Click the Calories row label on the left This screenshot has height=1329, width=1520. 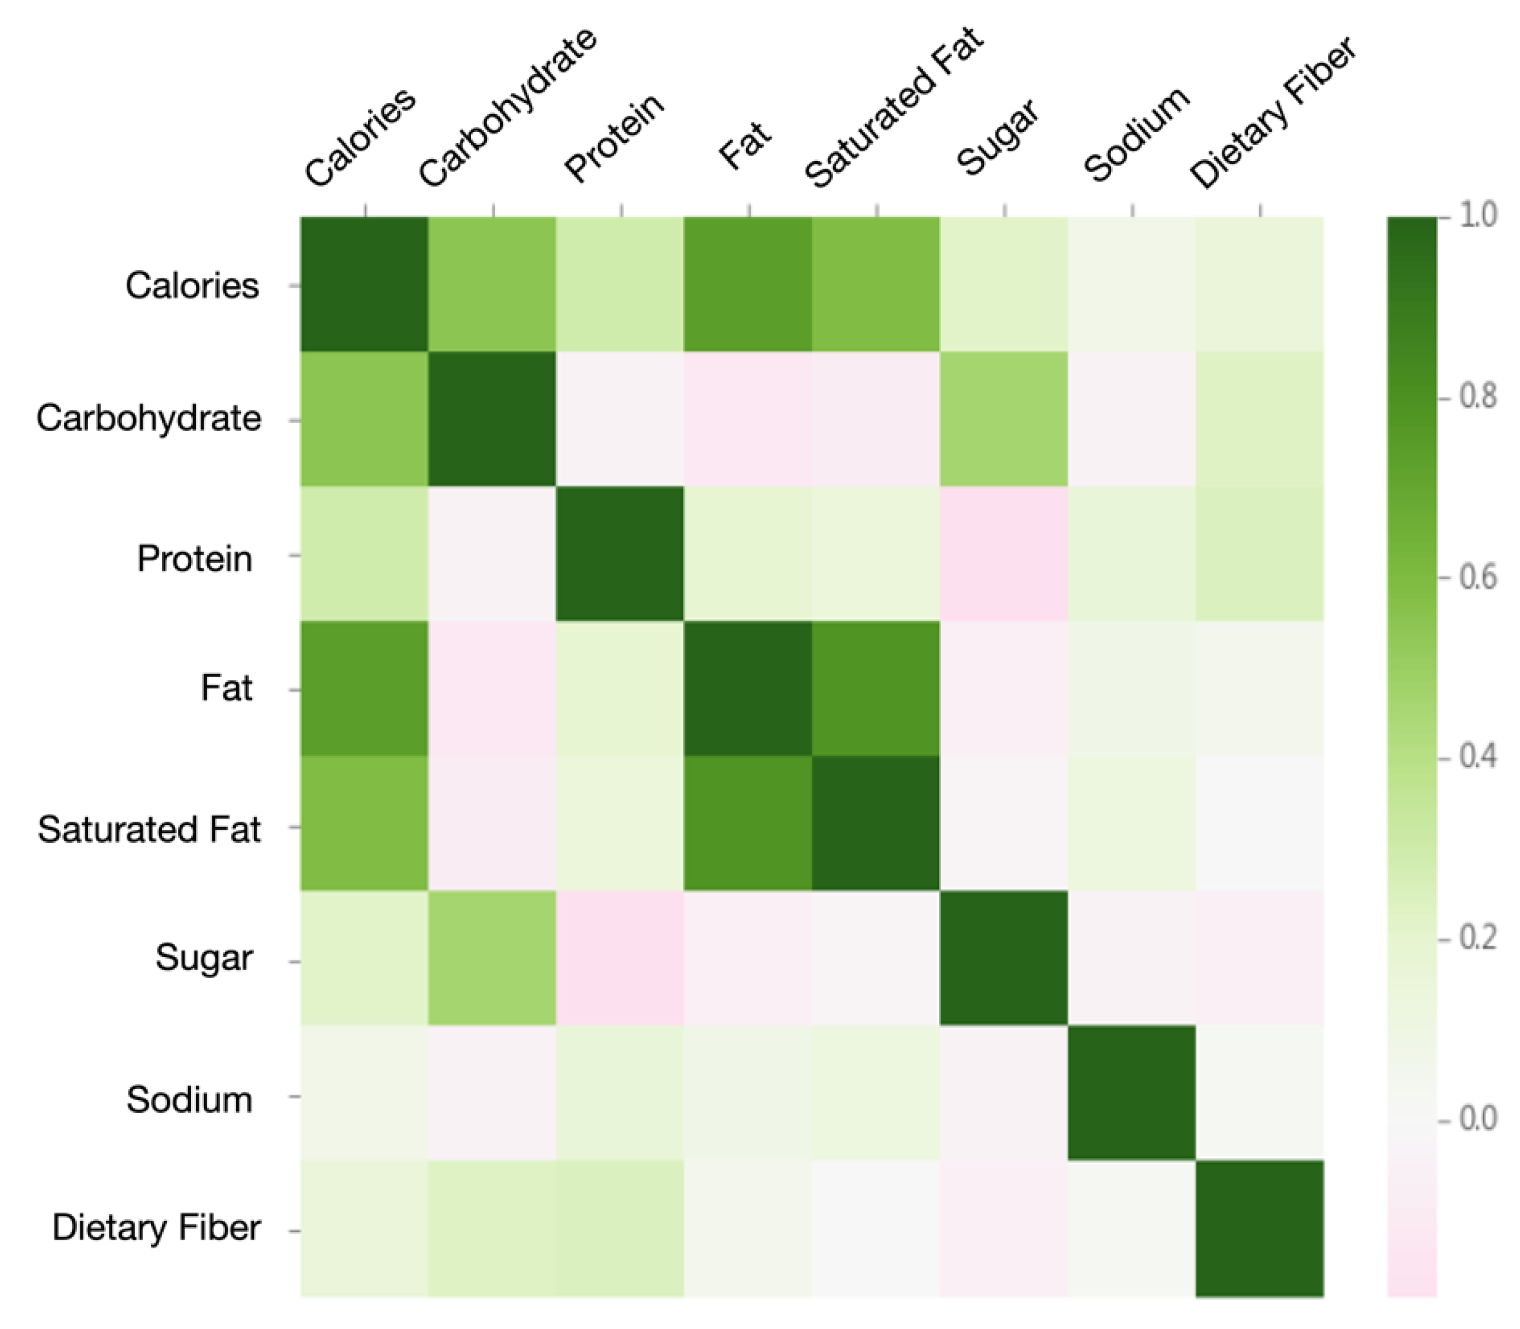(191, 286)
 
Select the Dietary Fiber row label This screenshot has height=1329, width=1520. (156, 1228)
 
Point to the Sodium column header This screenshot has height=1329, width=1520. (1136, 134)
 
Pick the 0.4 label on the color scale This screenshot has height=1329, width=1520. (1478, 757)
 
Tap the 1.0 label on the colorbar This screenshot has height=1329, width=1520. (1478, 216)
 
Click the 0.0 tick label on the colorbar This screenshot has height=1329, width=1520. (1478, 1118)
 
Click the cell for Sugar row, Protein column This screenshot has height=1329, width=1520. (619, 958)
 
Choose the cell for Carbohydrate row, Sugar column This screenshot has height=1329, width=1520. (1003, 419)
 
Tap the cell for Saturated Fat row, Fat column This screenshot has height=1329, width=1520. (748, 823)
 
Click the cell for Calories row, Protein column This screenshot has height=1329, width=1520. (619, 284)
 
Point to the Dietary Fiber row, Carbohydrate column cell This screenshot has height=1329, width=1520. (492, 1228)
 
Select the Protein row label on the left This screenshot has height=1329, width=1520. (194, 558)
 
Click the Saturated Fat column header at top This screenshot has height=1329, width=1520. (894, 108)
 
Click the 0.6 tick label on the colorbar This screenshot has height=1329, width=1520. (1478, 577)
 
